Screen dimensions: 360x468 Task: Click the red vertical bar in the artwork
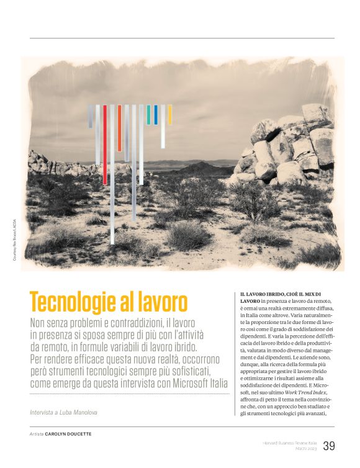coord(104,143)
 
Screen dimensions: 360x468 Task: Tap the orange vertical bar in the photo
coord(119,127)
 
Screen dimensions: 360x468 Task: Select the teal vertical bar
coord(148,114)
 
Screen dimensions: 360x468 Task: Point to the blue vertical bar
coord(156,114)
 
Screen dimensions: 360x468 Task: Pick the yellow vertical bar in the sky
coord(169,114)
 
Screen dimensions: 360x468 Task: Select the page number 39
coord(329,446)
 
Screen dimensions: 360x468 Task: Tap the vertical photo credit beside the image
coord(14,238)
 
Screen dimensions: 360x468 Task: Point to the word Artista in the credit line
coord(36,434)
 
